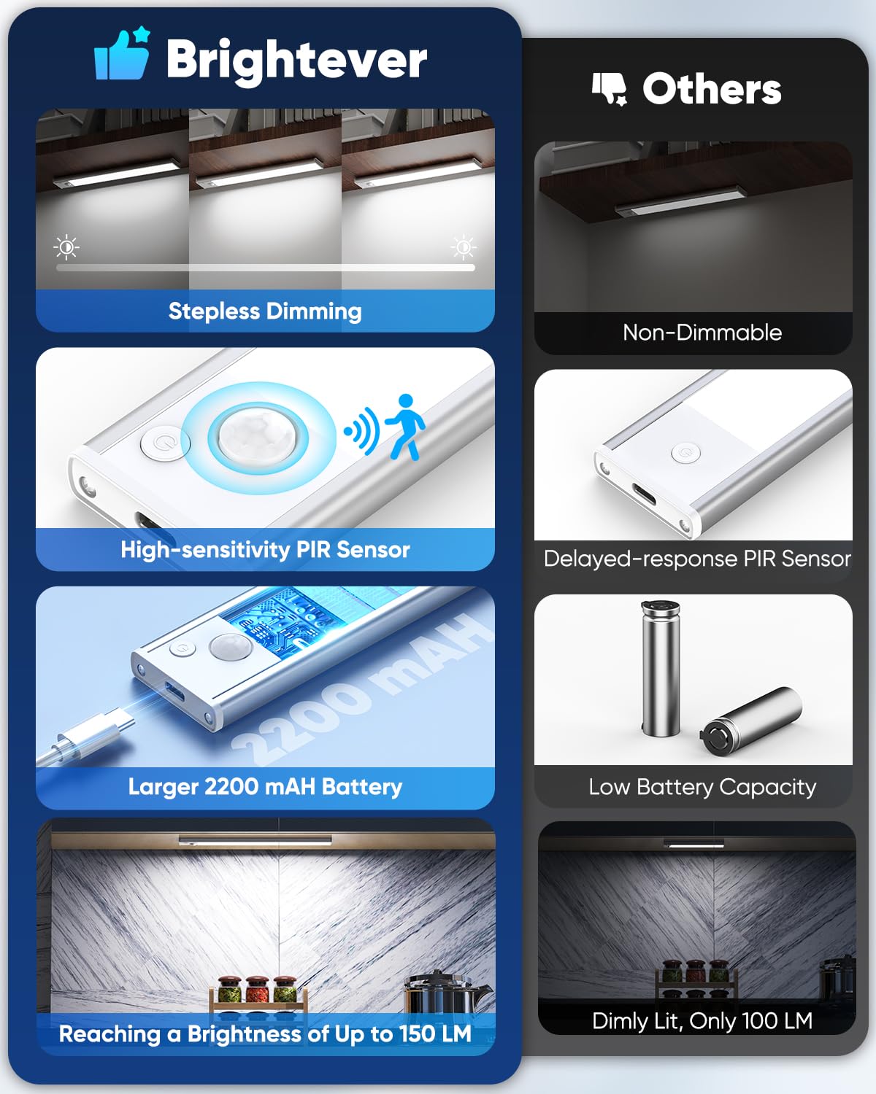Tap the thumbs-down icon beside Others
click(x=609, y=89)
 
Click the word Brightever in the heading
click(x=296, y=59)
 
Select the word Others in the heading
click(x=712, y=89)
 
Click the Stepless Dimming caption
click(x=265, y=311)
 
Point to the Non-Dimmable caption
click(x=702, y=333)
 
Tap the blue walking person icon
click(x=405, y=427)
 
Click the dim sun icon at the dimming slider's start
click(x=66, y=247)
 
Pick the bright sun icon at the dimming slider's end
click(x=463, y=247)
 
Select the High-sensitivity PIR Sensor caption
click(x=265, y=549)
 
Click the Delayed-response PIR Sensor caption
click(x=697, y=559)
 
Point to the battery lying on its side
click(x=750, y=720)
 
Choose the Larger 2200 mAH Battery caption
click(x=265, y=786)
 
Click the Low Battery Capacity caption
click(x=702, y=787)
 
